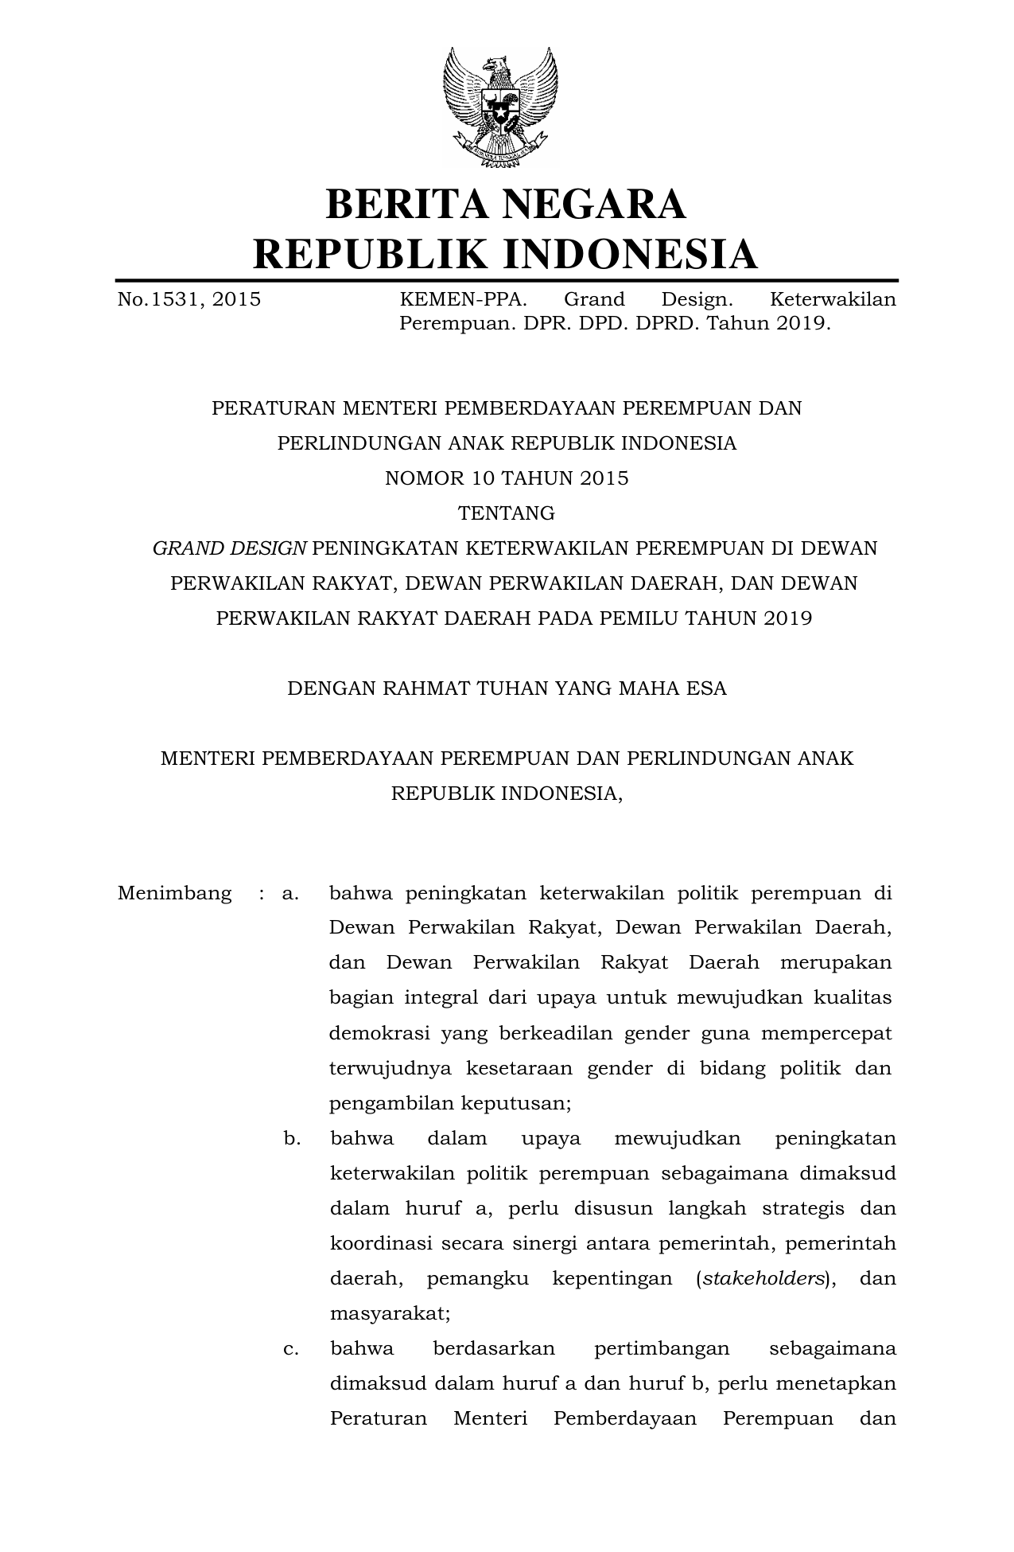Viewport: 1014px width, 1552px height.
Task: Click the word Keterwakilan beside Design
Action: coord(833,299)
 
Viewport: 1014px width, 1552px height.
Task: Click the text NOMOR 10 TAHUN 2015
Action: coord(507,478)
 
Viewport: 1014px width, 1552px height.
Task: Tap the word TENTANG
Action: coord(507,513)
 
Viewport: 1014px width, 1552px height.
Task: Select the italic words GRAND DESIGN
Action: coord(230,548)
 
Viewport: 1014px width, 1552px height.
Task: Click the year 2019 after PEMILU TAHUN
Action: coord(787,618)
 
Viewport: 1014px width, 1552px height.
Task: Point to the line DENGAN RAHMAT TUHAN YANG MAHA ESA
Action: coord(507,688)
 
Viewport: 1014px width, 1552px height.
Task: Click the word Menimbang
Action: coord(175,893)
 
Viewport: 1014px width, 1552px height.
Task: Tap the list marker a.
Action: coord(290,893)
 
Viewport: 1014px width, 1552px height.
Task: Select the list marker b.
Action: coord(292,1138)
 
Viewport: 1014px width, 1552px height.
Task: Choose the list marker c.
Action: coord(291,1348)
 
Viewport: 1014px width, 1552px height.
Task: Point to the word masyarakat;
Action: coord(390,1313)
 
